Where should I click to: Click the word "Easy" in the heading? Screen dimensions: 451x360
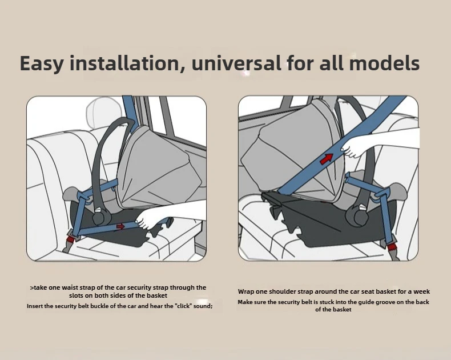(x=42, y=63)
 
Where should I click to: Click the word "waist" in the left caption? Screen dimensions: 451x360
(x=69, y=287)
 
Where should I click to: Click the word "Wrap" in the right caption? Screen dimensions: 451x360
(x=247, y=291)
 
